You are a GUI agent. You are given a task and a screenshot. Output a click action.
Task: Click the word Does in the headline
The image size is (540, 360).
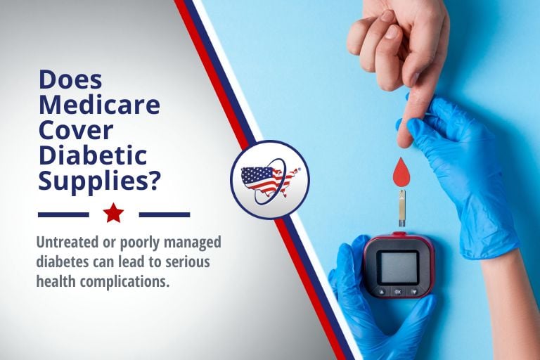(x=70, y=79)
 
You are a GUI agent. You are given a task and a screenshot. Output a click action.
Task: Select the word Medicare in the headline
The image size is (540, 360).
(x=100, y=105)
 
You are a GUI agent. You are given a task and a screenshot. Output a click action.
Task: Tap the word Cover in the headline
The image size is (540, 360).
(x=76, y=130)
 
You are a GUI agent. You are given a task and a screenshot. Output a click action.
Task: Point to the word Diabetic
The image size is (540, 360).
(x=93, y=155)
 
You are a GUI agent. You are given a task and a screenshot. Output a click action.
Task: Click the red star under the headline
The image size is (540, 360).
(x=113, y=212)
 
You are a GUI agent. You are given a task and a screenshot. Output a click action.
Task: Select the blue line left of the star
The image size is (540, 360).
(x=63, y=214)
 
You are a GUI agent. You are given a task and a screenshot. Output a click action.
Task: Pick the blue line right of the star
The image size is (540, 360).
(x=165, y=214)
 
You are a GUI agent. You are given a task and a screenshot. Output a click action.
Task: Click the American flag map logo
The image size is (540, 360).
(x=270, y=180)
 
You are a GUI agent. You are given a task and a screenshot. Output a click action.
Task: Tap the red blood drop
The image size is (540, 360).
(x=402, y=171)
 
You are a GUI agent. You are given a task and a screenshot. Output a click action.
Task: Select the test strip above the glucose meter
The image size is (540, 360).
(x=402, y=208)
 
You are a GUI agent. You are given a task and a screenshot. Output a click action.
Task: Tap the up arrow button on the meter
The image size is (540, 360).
(x=382, y=292)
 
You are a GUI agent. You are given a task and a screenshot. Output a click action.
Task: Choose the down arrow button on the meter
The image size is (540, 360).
(x=414, y=292)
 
